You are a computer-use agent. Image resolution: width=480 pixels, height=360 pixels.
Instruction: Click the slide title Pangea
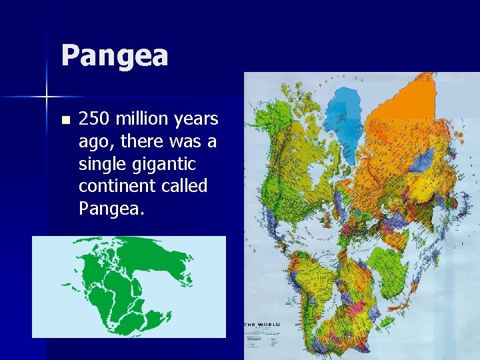coord(114,55)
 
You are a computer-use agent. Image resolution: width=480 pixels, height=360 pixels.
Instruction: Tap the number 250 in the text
coord(94,119)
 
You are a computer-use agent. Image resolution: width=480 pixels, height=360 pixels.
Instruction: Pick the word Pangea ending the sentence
coord(109,209)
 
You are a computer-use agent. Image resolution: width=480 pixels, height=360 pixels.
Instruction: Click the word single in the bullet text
coord(100,164)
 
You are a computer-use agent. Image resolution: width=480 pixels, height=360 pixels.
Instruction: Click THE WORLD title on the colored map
coord(262,325)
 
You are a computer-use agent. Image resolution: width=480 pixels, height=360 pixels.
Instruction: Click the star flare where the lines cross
coord(47,97)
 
